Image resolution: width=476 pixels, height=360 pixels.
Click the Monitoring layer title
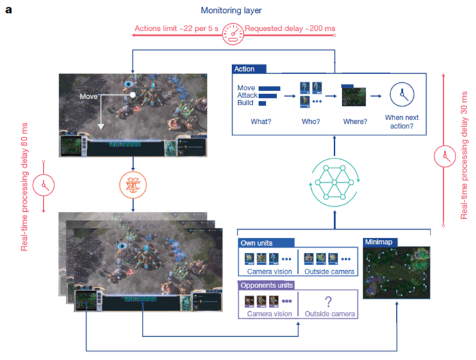coord(232,10)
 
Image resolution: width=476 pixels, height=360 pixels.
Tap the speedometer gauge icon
coord(232,34)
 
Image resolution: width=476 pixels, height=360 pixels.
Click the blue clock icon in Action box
coord(402,94)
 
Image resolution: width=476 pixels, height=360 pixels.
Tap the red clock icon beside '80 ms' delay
coord(44,184)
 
